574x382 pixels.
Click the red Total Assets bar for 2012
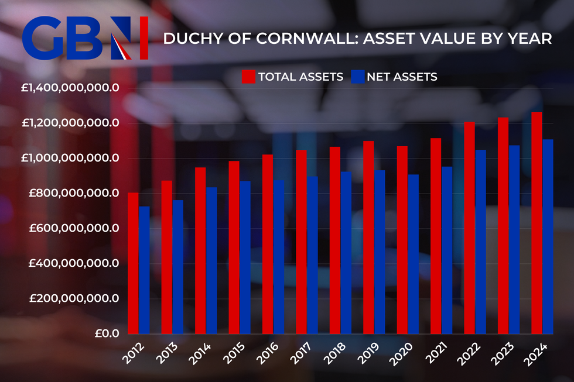[x=133, y=263]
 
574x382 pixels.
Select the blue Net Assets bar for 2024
[x=548, y=236]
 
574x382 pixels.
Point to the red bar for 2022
[x=470, y=228]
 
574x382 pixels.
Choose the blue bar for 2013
[x=177, y=267]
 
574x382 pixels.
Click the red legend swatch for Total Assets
[x=248, y=77]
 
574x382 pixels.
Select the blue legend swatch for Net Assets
[x=357, y=77]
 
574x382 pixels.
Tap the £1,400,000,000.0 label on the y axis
[x=70, y=88]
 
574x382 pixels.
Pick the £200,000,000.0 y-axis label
[x=74, y=299]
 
